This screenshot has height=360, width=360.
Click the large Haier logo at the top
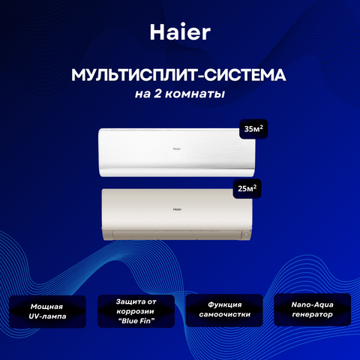(180, 32)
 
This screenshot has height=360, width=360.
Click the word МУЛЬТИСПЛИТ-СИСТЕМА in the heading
(178, 75)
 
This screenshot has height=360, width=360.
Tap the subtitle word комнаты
(195, 94)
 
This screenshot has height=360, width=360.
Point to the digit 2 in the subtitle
(157, 94)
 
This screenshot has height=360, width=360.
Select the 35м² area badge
(253, 129)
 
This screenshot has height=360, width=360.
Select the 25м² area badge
(247, 188)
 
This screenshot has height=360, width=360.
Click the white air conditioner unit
(177, 152)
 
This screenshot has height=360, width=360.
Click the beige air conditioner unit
(177, 214)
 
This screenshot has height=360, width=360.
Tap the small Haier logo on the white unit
(177, 148)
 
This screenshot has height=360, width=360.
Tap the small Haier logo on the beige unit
(177, 209)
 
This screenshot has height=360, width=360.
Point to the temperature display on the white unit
(178, 156)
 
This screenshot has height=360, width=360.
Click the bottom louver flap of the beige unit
(177, 235)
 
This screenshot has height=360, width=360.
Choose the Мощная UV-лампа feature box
(47, 311)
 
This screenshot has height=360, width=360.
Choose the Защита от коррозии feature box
(136, 311)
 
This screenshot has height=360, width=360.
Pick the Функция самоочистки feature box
(224, 310)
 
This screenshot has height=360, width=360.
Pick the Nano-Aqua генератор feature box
(313, 310)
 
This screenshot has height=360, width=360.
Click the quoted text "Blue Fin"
(136, 321)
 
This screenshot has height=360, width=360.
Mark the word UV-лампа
(47, 316)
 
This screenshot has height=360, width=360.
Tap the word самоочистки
(224, 314)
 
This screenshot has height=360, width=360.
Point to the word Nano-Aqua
(313, 304)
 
